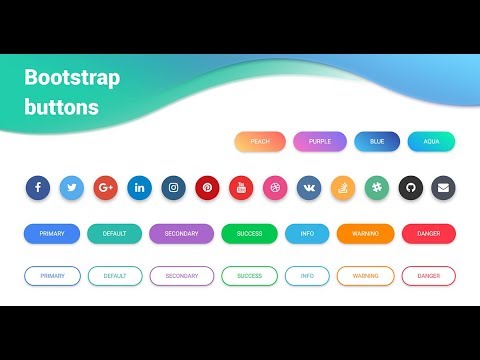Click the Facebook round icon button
38,187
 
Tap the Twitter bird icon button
72,187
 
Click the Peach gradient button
260,142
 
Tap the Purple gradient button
320,142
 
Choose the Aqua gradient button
431,142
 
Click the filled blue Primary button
52,234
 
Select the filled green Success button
249,234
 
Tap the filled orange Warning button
365,234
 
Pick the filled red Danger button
428,234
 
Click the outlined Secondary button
181,276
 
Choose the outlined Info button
307,276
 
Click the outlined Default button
114,276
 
